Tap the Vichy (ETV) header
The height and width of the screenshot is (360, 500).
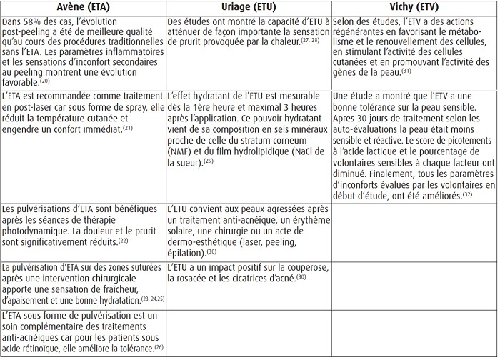414,8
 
